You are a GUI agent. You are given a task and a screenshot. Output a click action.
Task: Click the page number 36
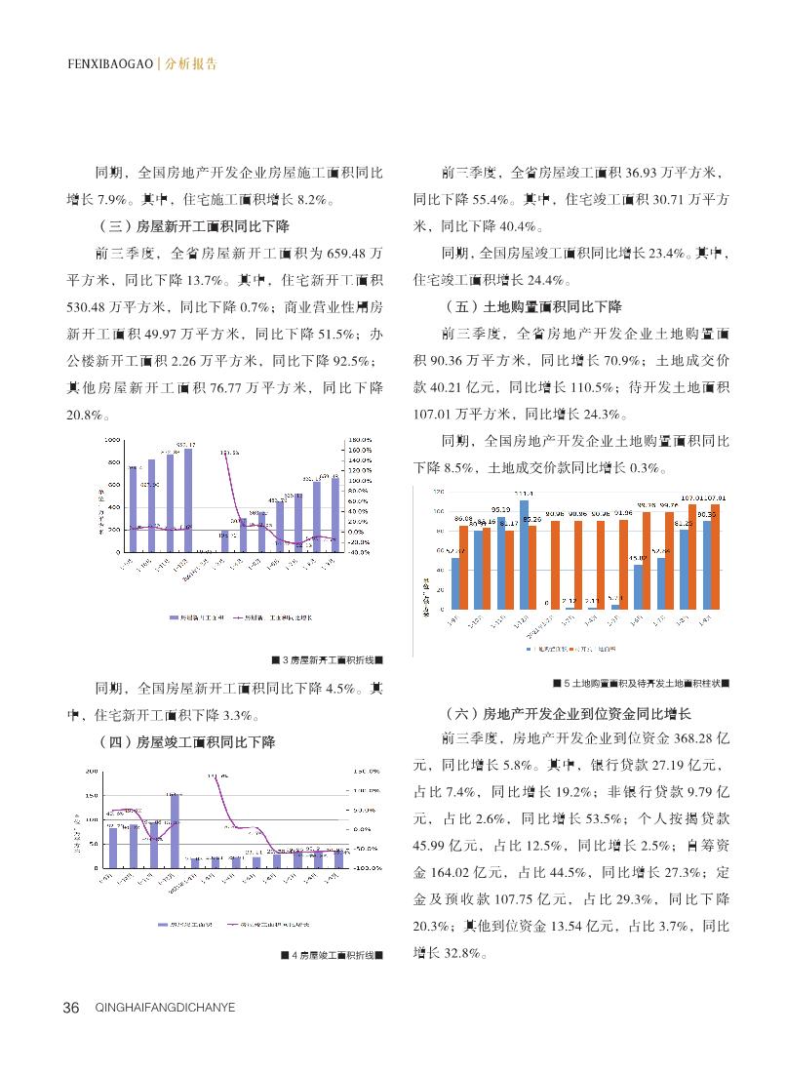tap(70, 1008)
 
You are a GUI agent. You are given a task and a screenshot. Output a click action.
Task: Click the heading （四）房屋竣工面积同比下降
tap(186, 742)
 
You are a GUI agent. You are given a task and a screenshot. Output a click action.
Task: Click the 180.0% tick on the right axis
tap(362, 439)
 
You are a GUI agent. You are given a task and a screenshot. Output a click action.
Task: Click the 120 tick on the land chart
tap(439, 492)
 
